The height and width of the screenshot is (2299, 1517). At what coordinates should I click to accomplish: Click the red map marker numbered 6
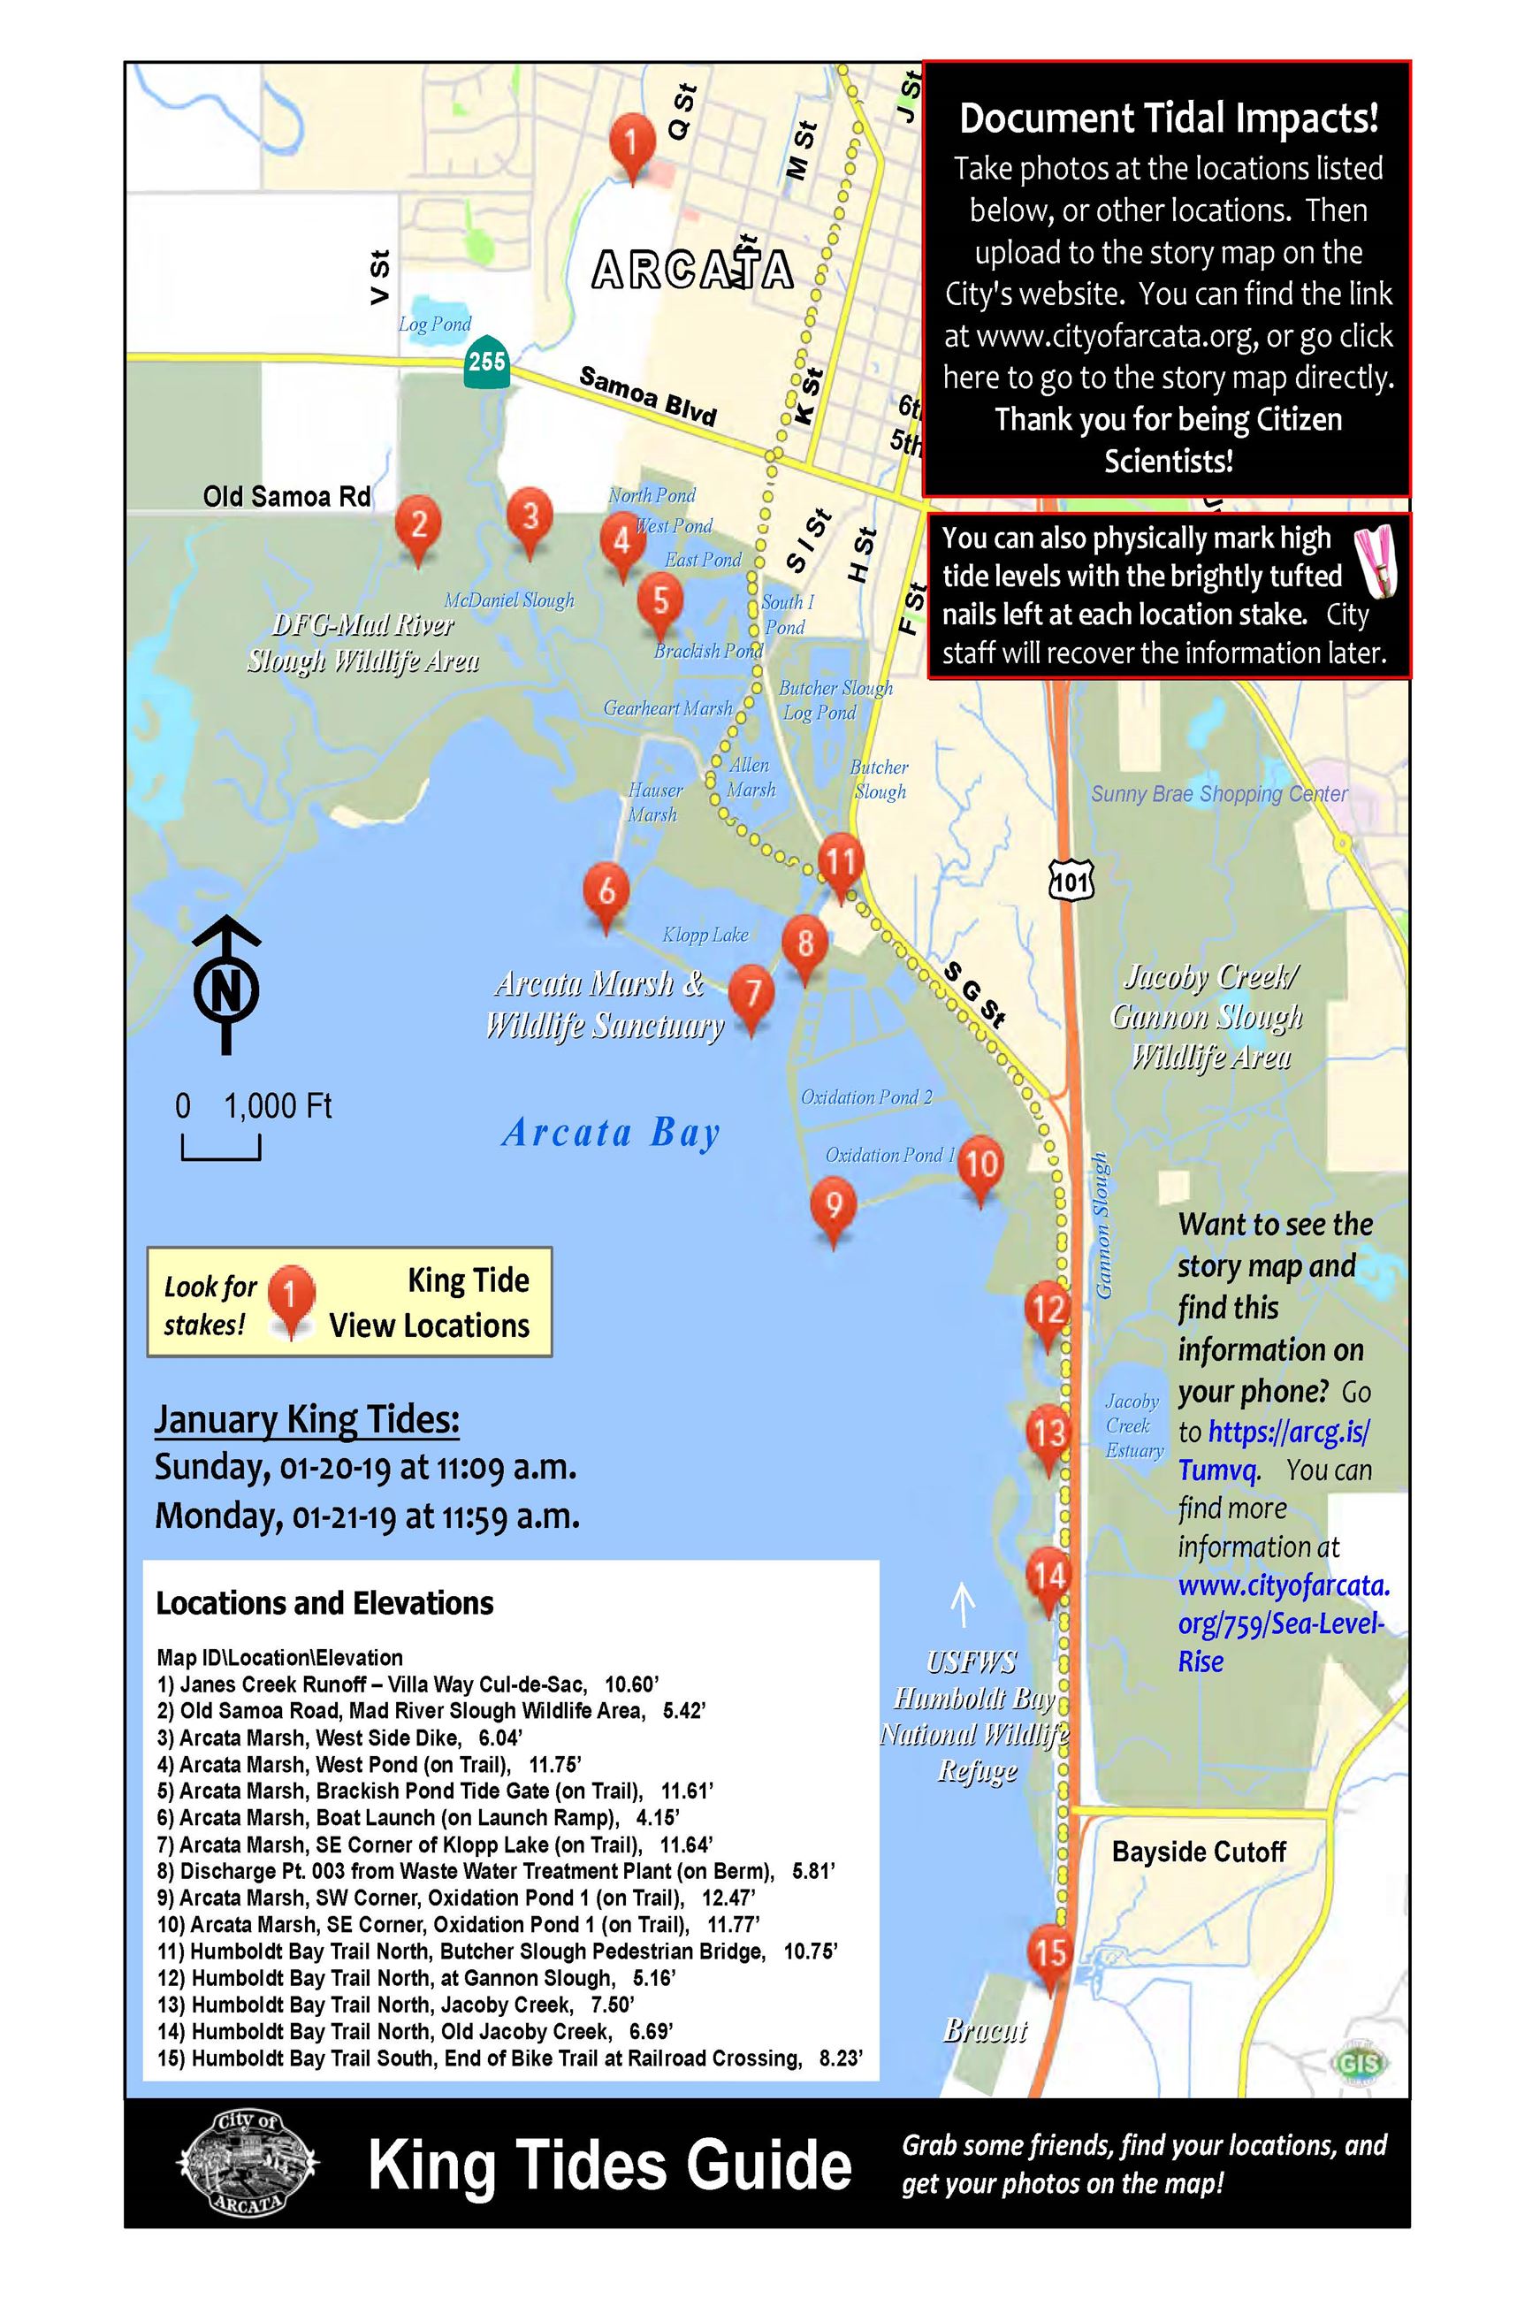606,891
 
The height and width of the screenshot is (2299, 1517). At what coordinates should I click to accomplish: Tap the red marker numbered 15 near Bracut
1049,1952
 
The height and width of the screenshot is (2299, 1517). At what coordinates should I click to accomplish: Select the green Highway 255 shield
486,362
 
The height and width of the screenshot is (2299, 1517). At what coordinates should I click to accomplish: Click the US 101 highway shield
1071,880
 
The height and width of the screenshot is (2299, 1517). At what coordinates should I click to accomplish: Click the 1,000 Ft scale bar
221,1148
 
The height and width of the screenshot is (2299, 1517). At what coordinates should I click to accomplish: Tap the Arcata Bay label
611,1132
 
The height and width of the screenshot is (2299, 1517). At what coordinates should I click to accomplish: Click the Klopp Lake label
705,935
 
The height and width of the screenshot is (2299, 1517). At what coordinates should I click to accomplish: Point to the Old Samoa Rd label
286,496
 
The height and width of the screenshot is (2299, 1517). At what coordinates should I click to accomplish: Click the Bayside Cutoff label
1199,1852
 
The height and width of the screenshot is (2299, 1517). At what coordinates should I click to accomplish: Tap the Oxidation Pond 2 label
865,1097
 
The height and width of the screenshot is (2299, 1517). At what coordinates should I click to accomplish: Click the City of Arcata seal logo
248,2162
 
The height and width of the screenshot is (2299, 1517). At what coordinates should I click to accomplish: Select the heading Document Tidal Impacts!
1168,119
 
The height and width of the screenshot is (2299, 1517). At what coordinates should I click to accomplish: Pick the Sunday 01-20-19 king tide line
366,1468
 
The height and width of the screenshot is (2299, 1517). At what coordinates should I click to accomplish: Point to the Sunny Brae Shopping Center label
1219,794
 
